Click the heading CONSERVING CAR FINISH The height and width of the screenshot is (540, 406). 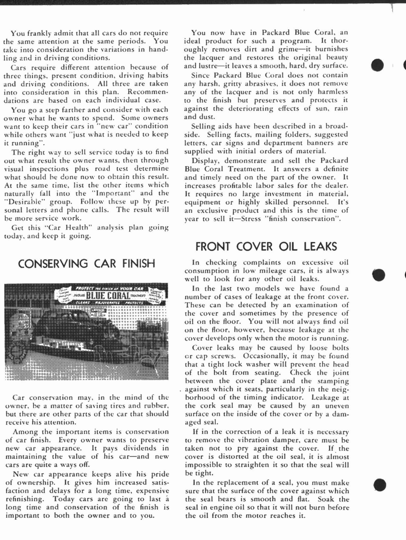coord(86,264)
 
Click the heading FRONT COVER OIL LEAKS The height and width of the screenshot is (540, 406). coord(266,247)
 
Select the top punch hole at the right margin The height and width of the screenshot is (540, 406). coord(378,65)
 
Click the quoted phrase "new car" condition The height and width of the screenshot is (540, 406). coord(113,126)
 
